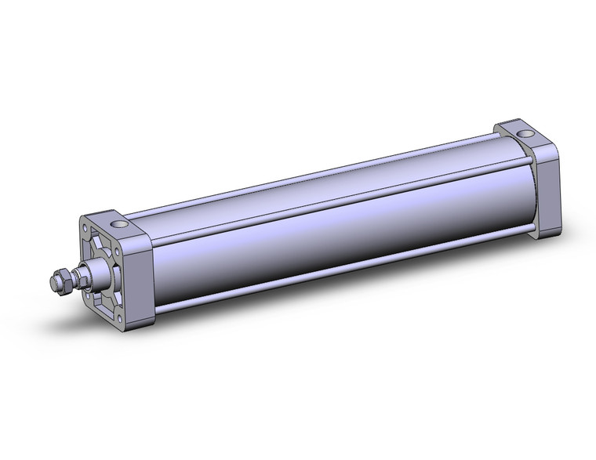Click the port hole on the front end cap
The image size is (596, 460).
point(120,225)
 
